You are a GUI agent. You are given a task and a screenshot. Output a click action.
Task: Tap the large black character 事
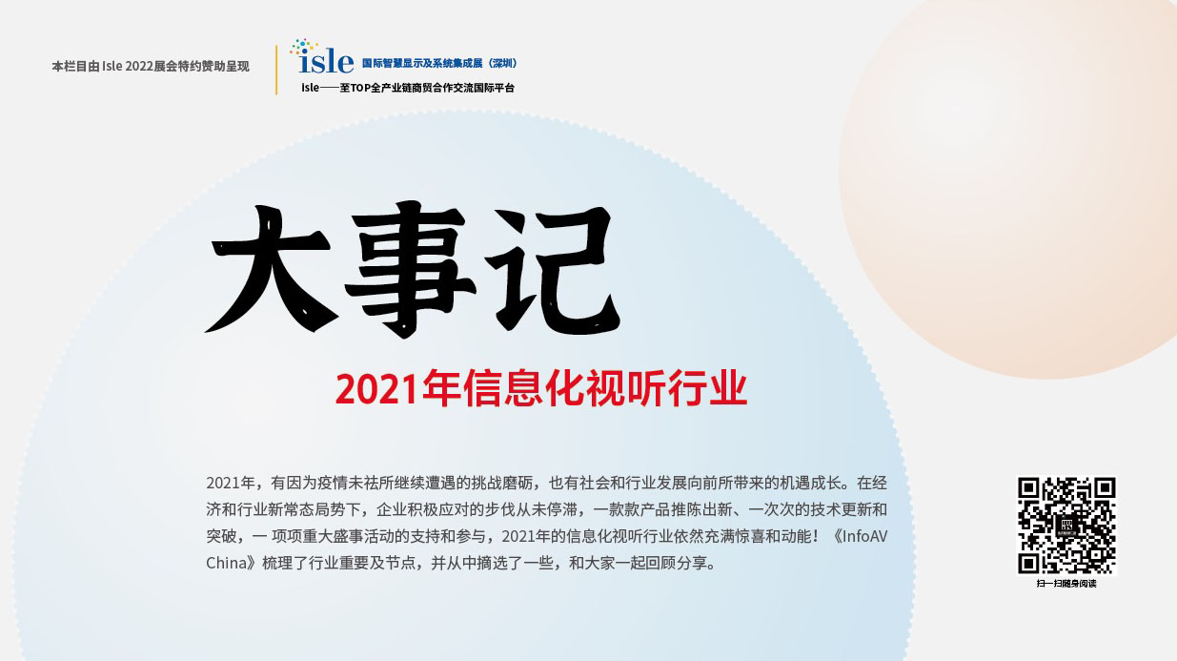[x=410, y=269]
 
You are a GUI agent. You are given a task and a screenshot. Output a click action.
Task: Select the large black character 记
[x=553, y=269]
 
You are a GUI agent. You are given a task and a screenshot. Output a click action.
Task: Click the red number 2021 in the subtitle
[x=377, y=389]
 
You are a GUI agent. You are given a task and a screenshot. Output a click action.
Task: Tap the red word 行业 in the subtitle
[x=707, y=388]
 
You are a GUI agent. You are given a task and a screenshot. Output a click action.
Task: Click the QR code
[x=1066, y=526]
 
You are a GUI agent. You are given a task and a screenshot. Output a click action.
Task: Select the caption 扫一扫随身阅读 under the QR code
[x=1066, y=584]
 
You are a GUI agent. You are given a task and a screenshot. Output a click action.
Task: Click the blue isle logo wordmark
[x=326, y=63]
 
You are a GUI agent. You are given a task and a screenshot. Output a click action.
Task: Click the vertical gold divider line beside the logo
[x=276, y=70]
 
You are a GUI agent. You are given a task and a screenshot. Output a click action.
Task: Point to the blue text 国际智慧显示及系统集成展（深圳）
[x=439, y=63]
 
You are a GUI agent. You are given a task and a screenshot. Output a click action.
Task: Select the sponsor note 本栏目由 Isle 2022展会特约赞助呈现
[x=151, y=66]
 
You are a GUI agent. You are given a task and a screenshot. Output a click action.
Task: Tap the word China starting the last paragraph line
[x=227, y=563]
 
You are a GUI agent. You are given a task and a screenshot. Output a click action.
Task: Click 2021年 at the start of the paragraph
[x=230, y=483]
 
